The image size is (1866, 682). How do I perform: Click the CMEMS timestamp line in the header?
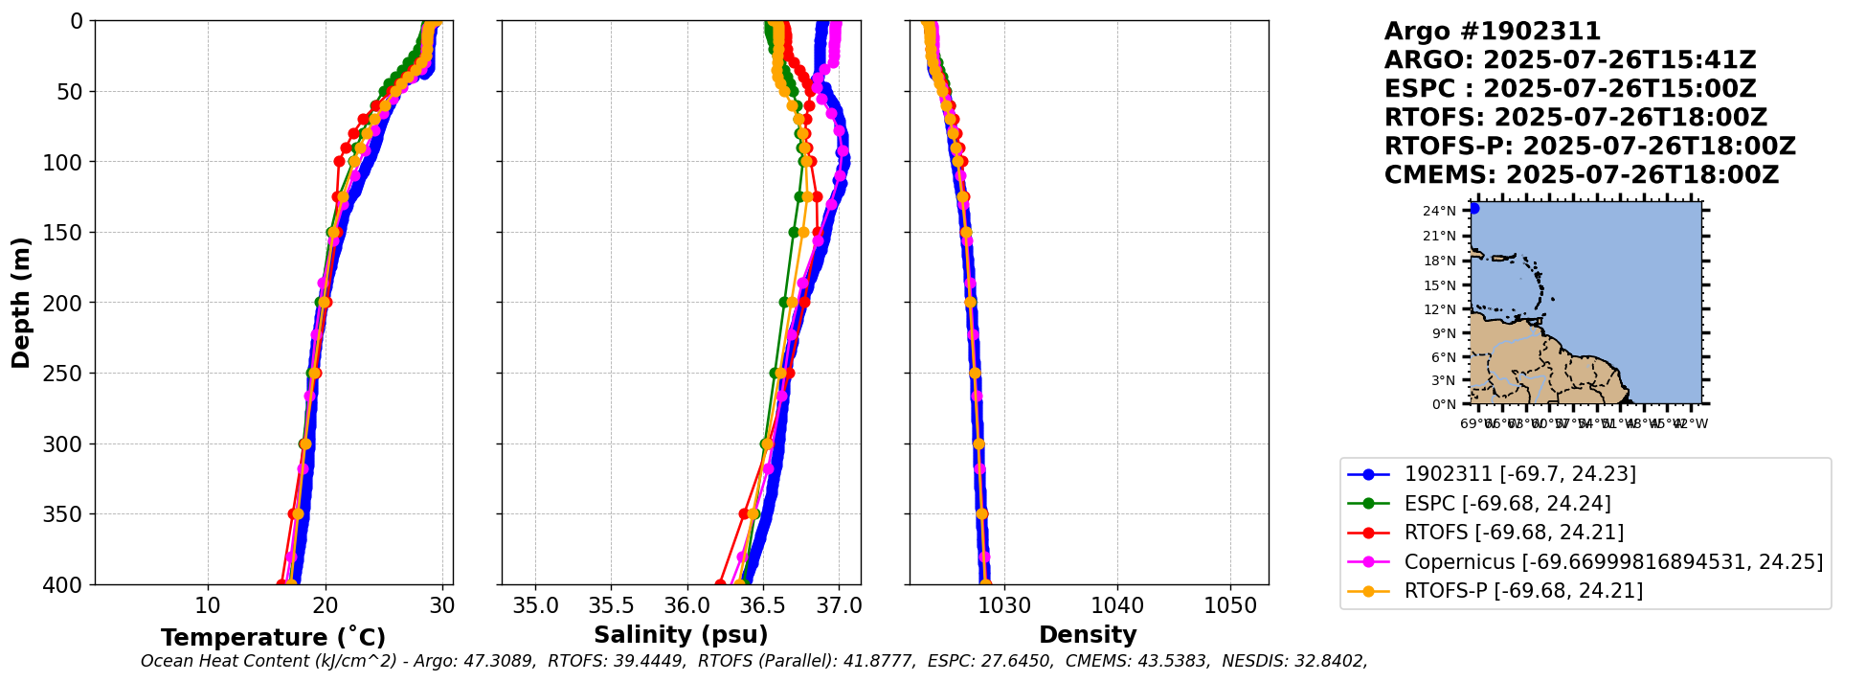1581,175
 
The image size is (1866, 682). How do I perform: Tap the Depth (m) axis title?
20,302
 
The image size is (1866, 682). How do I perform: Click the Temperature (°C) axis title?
273,637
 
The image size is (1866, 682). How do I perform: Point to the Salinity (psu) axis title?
681,635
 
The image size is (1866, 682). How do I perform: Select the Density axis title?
1088,635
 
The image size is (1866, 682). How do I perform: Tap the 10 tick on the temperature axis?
208,605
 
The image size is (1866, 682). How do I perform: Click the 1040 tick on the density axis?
1117,605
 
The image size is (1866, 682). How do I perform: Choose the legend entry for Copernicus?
1613,561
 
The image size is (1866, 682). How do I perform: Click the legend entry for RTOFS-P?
1522,590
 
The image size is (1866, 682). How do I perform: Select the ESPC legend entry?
1507,503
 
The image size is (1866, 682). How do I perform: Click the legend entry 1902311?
1519,474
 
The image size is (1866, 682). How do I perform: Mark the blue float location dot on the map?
1473,208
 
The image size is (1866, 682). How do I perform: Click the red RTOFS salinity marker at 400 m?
720,583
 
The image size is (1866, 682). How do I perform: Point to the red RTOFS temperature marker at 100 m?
339,161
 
